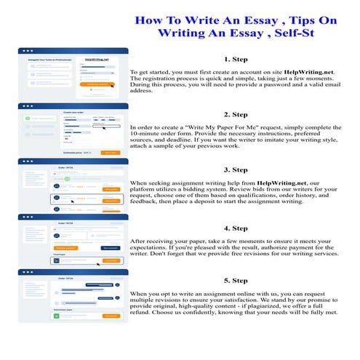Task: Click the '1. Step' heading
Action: pyautogui.click(x=236, y=59)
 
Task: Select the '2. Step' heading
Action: pyautogui.click(x=236, y=114)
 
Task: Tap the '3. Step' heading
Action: pyautogui.click(x=236, y=169)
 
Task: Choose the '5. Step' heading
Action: pyautogui.click(x=236, y=280)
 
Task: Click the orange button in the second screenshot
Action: pyautogui.click(x=110, y=153)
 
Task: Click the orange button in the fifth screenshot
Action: pyautogui.click(x=111, y=316)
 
